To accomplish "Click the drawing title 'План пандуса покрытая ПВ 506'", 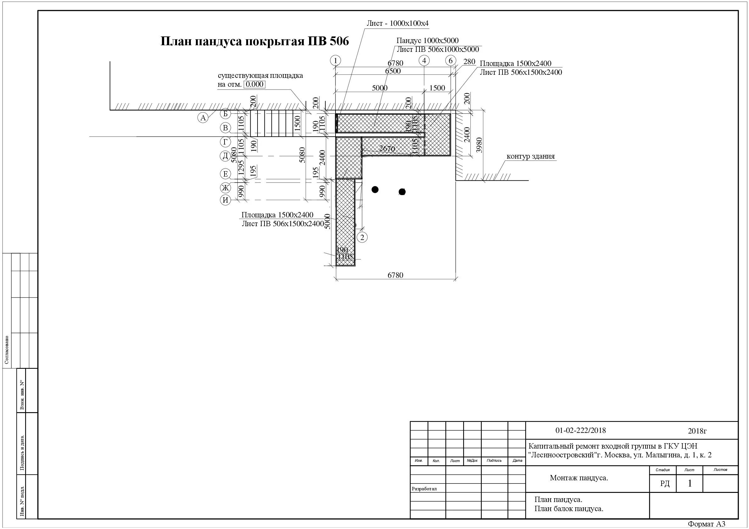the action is pyautogui.click(x=254, y=41).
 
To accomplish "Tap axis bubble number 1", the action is pyautogui.click(x=336, y=61).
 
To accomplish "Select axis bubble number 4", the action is pyautogui.click(x=424, y=61).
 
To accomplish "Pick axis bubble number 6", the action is pyautogui.click(x=451, y=61).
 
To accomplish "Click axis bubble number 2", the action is pyautogui.click(x=362, y=237).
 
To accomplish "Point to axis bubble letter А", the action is pyautogui.click(x=203, y=118).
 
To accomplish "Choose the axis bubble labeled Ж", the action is pyautogui.click(x=225, y=188).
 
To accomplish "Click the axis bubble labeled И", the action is pyautogui.click(x=225, y=200).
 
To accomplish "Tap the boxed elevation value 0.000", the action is pyautogui.click(x=254, y=85).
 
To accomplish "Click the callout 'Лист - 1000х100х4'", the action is pyautogui.click(x=397, y=24).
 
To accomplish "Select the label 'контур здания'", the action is pyautogui.click(x=530, y=156).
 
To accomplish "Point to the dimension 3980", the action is pyautogui.click(x=479, y=145).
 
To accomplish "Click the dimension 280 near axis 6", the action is pyautogui.click(x=469, y=62).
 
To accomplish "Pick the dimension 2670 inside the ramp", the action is pyautogui.click(x=387, y=149).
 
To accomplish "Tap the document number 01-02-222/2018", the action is pyautogui.click(x=580, y=430).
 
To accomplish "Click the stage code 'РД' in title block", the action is pyautogui.click(x=664, y=484).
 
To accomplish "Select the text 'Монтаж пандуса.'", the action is pyautogui.click(x=579, y=478).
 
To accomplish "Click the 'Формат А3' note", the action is pyautogui.click(x=706, y=524).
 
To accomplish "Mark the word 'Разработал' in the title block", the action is pyautogui.click(x=424, y=489).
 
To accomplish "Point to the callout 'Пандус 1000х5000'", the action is pyautogui.click(x=427, y=41).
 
